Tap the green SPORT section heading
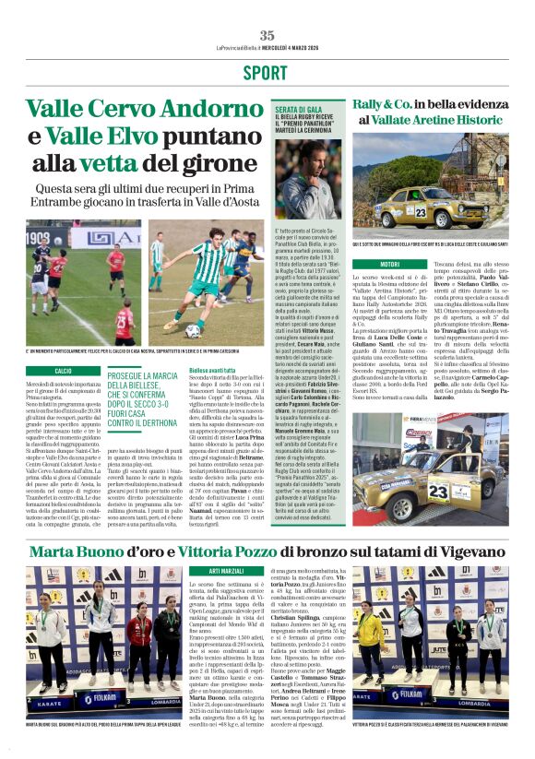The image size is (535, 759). click(x=267, y=73)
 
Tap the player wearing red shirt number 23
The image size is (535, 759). click(x=124, y=324)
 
